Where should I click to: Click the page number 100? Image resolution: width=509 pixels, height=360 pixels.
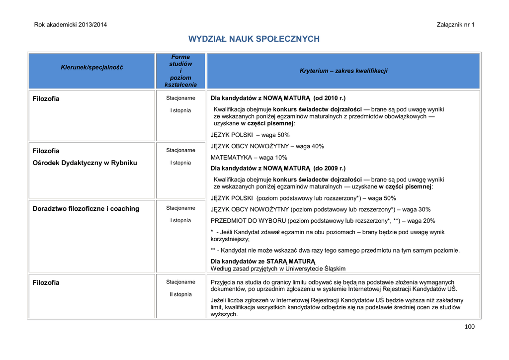469,327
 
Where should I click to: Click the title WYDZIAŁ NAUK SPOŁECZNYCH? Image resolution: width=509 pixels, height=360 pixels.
254,39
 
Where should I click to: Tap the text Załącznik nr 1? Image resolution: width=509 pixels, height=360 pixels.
455,25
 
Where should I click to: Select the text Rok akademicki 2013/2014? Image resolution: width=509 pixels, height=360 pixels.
70,25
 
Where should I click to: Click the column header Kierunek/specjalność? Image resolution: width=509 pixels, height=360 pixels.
91,67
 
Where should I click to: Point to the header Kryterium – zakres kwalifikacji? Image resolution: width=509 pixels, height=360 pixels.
343,71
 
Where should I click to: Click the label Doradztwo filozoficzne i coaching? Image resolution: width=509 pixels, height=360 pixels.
86,209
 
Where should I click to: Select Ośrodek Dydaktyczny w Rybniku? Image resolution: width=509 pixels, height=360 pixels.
85,163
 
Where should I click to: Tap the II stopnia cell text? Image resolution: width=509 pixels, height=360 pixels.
180,294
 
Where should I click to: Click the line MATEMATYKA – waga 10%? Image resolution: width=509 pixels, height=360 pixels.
249,158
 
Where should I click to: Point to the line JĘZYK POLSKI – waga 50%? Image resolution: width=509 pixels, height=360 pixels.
250,135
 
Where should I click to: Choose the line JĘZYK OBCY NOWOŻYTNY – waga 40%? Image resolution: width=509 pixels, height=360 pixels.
267,146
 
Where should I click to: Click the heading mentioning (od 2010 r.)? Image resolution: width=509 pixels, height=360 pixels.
278,98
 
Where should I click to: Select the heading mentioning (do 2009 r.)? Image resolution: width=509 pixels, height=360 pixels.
278,168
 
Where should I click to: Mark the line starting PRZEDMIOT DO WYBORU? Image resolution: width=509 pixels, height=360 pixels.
323,221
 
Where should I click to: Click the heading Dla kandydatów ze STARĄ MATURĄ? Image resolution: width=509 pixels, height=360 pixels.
263,261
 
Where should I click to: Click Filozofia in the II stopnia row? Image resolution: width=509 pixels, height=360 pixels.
46,282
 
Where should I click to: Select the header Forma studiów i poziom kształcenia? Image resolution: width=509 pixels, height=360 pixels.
180,71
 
